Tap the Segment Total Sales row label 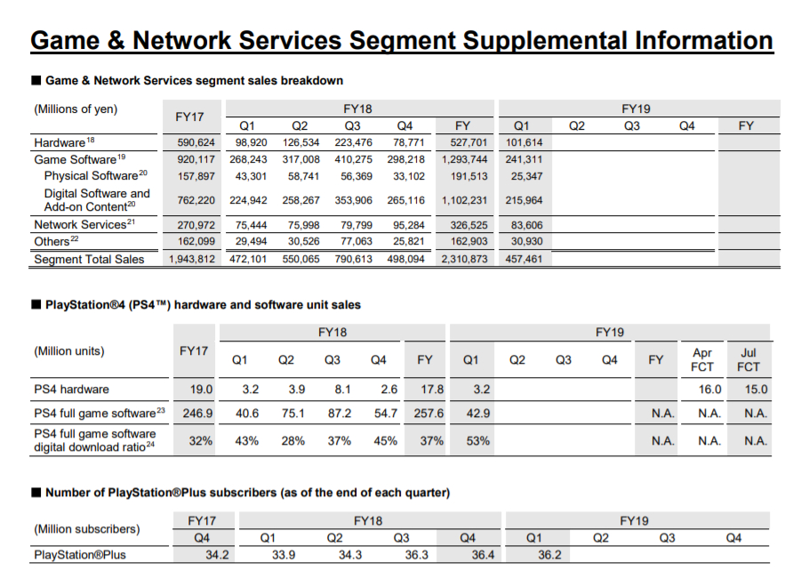88,260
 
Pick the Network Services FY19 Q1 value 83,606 522,225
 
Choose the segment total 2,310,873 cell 465,260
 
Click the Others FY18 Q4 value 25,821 406,242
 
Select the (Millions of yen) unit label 76,109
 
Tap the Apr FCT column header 702,359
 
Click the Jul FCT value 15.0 756,390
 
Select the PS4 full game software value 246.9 196,414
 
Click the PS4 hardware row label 72,390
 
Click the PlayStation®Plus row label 80,555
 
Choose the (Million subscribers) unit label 87,529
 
